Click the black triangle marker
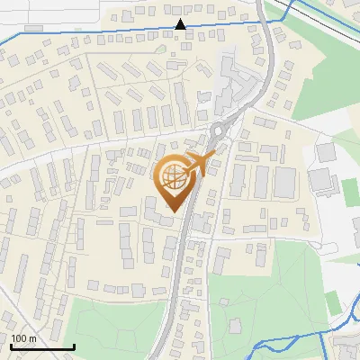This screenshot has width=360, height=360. click(x=181, y=24)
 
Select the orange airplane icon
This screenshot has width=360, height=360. click(x=200, y=165)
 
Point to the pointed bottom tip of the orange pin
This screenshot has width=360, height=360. click(x=172, y=211)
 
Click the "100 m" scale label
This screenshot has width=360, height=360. click(x=23, y=338)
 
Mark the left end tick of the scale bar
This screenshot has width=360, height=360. click(x=12, y=346)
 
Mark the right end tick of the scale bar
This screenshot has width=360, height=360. click(x=74, y=346)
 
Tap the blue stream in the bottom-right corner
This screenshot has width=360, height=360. click(x=297, y=339)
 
